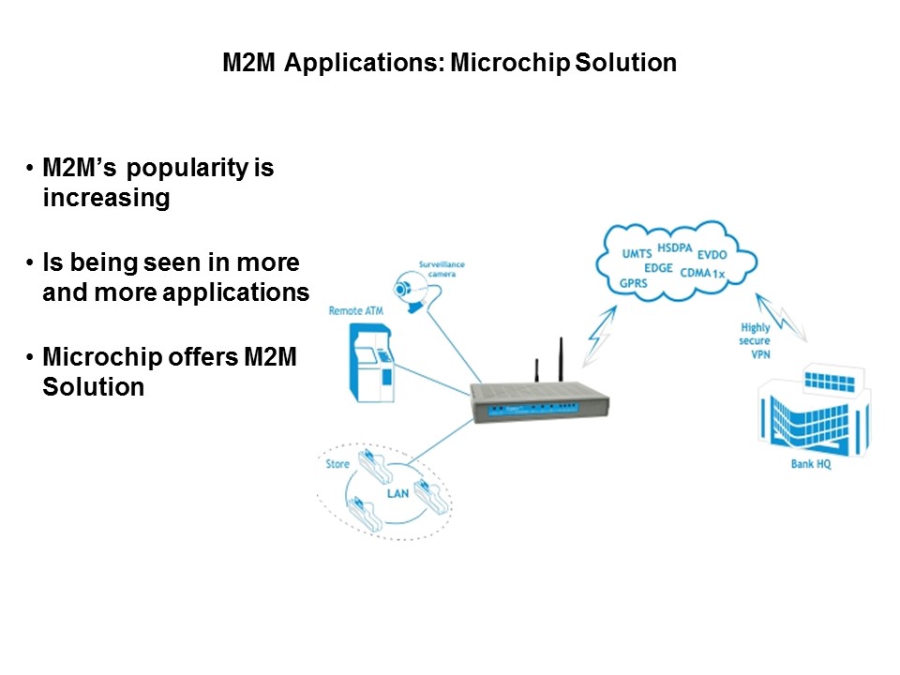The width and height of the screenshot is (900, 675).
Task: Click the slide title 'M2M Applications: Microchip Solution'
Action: tap(449, 63)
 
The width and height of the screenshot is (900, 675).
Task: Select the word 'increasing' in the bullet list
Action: tap(106, 199)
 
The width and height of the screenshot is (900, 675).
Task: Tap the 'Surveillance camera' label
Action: tap(442, 269)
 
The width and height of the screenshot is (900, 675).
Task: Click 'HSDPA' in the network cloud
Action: tap(675, 247)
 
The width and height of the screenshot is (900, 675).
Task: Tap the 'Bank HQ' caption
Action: tap(798, 463)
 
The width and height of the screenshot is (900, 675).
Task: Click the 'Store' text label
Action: tap(337, 464)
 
